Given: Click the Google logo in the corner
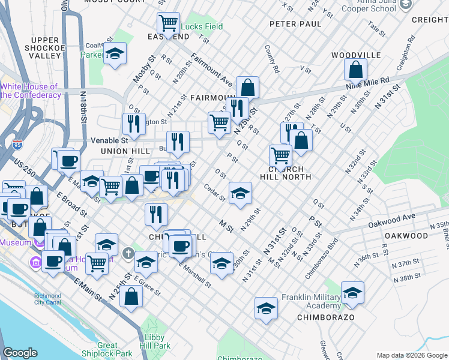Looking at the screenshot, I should click(x=20, y=353).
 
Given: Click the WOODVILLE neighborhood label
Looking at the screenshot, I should click(x=356, y=55).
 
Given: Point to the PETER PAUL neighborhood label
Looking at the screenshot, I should click(x=291, y=25).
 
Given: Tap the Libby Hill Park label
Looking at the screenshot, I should click(x=155, y=341).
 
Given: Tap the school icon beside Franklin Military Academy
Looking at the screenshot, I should click(x=352, y=292).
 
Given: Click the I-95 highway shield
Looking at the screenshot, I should click(x=17, y=145).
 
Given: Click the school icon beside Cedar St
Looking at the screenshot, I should click(x=240, y=193).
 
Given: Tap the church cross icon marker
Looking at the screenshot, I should click(x=127, y=253).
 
